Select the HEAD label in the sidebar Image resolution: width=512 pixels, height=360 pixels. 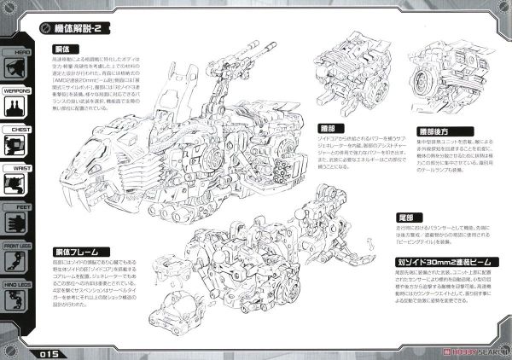tap(19, 50)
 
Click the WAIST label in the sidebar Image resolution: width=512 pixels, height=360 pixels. tap(19, 169)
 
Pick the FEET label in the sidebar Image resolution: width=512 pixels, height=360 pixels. tap(19, 207)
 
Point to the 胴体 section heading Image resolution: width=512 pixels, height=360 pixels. tap(61, 50)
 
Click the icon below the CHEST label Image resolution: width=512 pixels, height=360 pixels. tap(19, 148)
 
